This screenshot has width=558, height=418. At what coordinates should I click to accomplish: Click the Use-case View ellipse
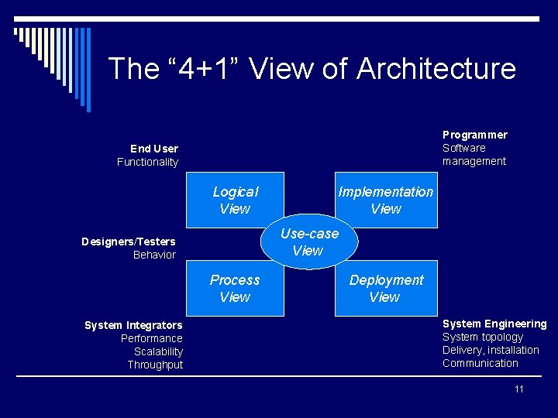click(x=309, y=242)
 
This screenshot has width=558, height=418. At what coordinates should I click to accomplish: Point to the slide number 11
click(x=519, y=389)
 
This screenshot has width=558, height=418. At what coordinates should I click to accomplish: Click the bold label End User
click(x=154, y=149)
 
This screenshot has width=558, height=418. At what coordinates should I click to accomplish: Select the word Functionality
click(x=147, y=162)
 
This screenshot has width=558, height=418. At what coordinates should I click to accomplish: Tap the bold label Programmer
click(x=475, y=135)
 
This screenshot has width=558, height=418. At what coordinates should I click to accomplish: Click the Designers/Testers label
click(x=129, y=242)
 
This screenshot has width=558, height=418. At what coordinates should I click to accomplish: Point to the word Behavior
click(x=154, y=255)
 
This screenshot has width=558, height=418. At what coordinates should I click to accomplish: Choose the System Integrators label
click(x=133, y=325)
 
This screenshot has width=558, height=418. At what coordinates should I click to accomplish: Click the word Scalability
click(x=158, y=351)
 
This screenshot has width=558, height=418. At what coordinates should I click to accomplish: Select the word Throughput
click(x=155, y=365)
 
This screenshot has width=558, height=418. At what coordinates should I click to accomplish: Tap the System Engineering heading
click(x=494, y=324)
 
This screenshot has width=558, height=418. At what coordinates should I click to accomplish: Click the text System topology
click(x=483, y=337)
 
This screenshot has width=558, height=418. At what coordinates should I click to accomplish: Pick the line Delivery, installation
click(x=491, y=350)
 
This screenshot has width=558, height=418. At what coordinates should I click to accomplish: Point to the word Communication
click(x=480, y=363)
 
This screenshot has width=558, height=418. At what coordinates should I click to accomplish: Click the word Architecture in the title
click(x=436, y=68)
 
